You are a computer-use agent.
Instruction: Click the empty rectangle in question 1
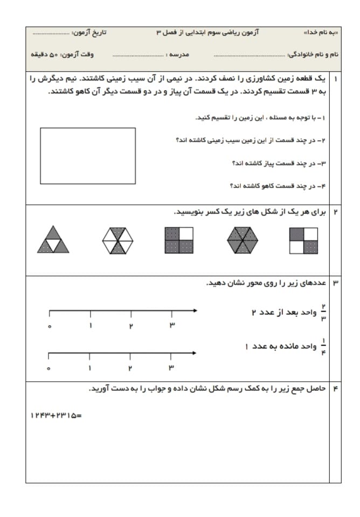[88, 156]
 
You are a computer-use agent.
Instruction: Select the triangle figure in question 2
[53, 240]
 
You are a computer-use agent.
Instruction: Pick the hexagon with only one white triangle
[243, 240]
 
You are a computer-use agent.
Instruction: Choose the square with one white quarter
[179, 240]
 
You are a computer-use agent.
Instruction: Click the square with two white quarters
[304, 240]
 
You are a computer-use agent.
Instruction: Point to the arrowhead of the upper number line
[195, 311]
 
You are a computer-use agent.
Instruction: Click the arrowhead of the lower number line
[195, 353]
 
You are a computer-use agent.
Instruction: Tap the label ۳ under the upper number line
[171, 325]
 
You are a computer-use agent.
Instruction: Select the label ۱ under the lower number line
[90, 368]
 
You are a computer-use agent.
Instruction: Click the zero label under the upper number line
[49, 326]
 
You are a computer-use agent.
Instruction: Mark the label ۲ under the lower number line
[130, 368]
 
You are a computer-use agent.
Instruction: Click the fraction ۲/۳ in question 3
[323, 313]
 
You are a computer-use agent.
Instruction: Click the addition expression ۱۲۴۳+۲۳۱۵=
[56, 415]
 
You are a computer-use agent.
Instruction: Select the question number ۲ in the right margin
[336, 212]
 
